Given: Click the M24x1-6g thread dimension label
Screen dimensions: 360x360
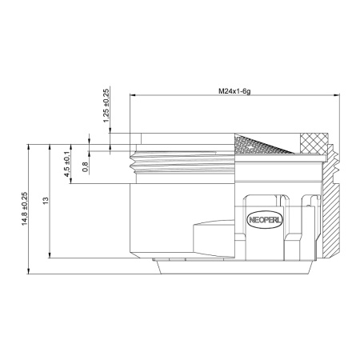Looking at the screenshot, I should (x=235, y=90).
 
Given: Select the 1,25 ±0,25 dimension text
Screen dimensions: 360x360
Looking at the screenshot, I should (x=106, y=105).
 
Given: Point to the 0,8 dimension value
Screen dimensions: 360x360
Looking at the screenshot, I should (x=86, y=167).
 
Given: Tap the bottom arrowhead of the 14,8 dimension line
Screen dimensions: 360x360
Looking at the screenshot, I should (x=30, y=272).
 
